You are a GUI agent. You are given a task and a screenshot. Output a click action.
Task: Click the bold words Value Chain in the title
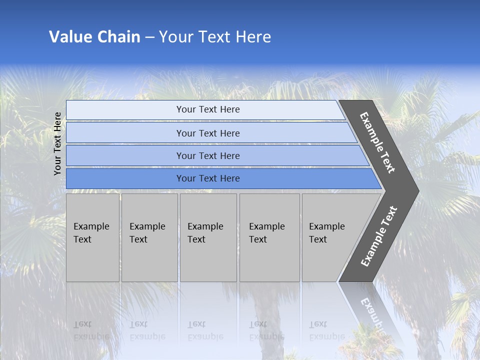(94, 37)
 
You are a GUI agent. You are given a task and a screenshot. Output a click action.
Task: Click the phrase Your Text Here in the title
(215, 37)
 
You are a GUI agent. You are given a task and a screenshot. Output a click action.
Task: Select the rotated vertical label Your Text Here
(57, 143)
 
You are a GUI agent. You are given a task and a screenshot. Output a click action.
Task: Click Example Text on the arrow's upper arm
(377, 142)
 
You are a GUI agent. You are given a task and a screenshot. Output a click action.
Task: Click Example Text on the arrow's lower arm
(378, 236)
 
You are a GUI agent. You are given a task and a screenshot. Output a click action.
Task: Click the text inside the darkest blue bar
(208, 178)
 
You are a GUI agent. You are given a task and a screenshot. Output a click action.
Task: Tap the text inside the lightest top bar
(208, 109)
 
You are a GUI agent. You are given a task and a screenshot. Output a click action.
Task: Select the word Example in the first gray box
(91, 226)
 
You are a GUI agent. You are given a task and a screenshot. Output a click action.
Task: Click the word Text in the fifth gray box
(318, 239)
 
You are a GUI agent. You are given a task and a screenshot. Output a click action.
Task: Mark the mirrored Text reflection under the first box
(82, 324)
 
